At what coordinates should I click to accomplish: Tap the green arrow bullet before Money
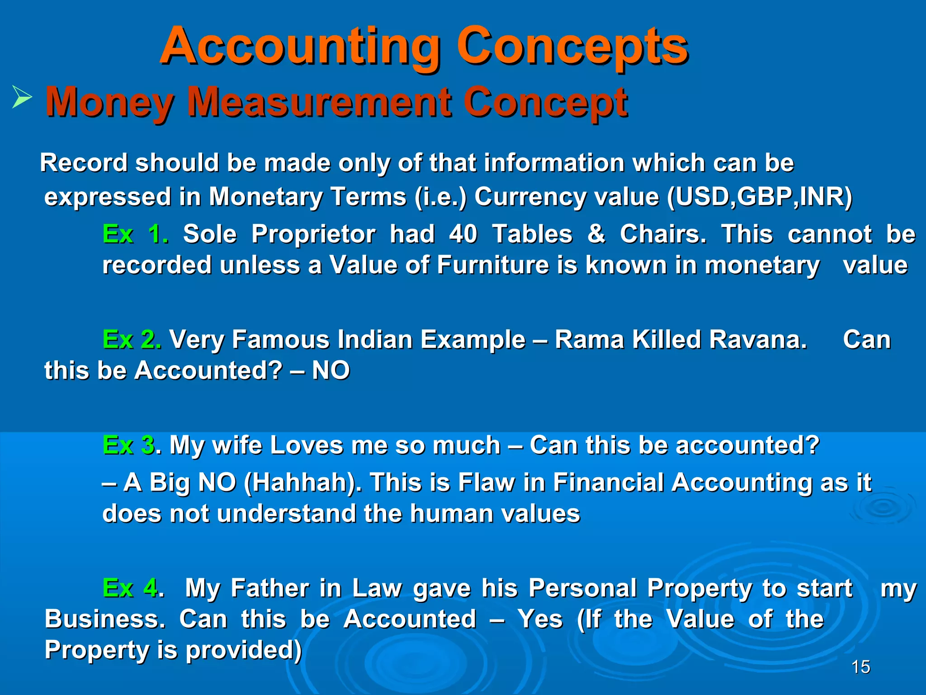22,97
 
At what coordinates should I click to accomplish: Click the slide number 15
860,667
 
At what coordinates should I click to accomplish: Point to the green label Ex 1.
135,234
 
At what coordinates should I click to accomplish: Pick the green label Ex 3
129,445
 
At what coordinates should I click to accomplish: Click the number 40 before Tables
463,234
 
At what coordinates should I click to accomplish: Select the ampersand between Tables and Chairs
596,234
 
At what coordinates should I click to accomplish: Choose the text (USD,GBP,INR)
760,197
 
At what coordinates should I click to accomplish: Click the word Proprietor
313,234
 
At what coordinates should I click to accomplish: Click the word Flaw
486,482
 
